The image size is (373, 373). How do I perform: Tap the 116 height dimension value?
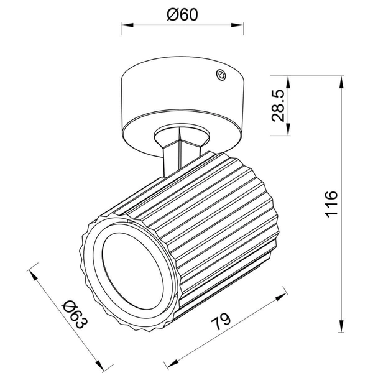pos(331,203)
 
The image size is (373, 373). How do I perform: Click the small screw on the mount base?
pos(219,75)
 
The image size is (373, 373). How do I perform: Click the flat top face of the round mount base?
pos(180,78)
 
